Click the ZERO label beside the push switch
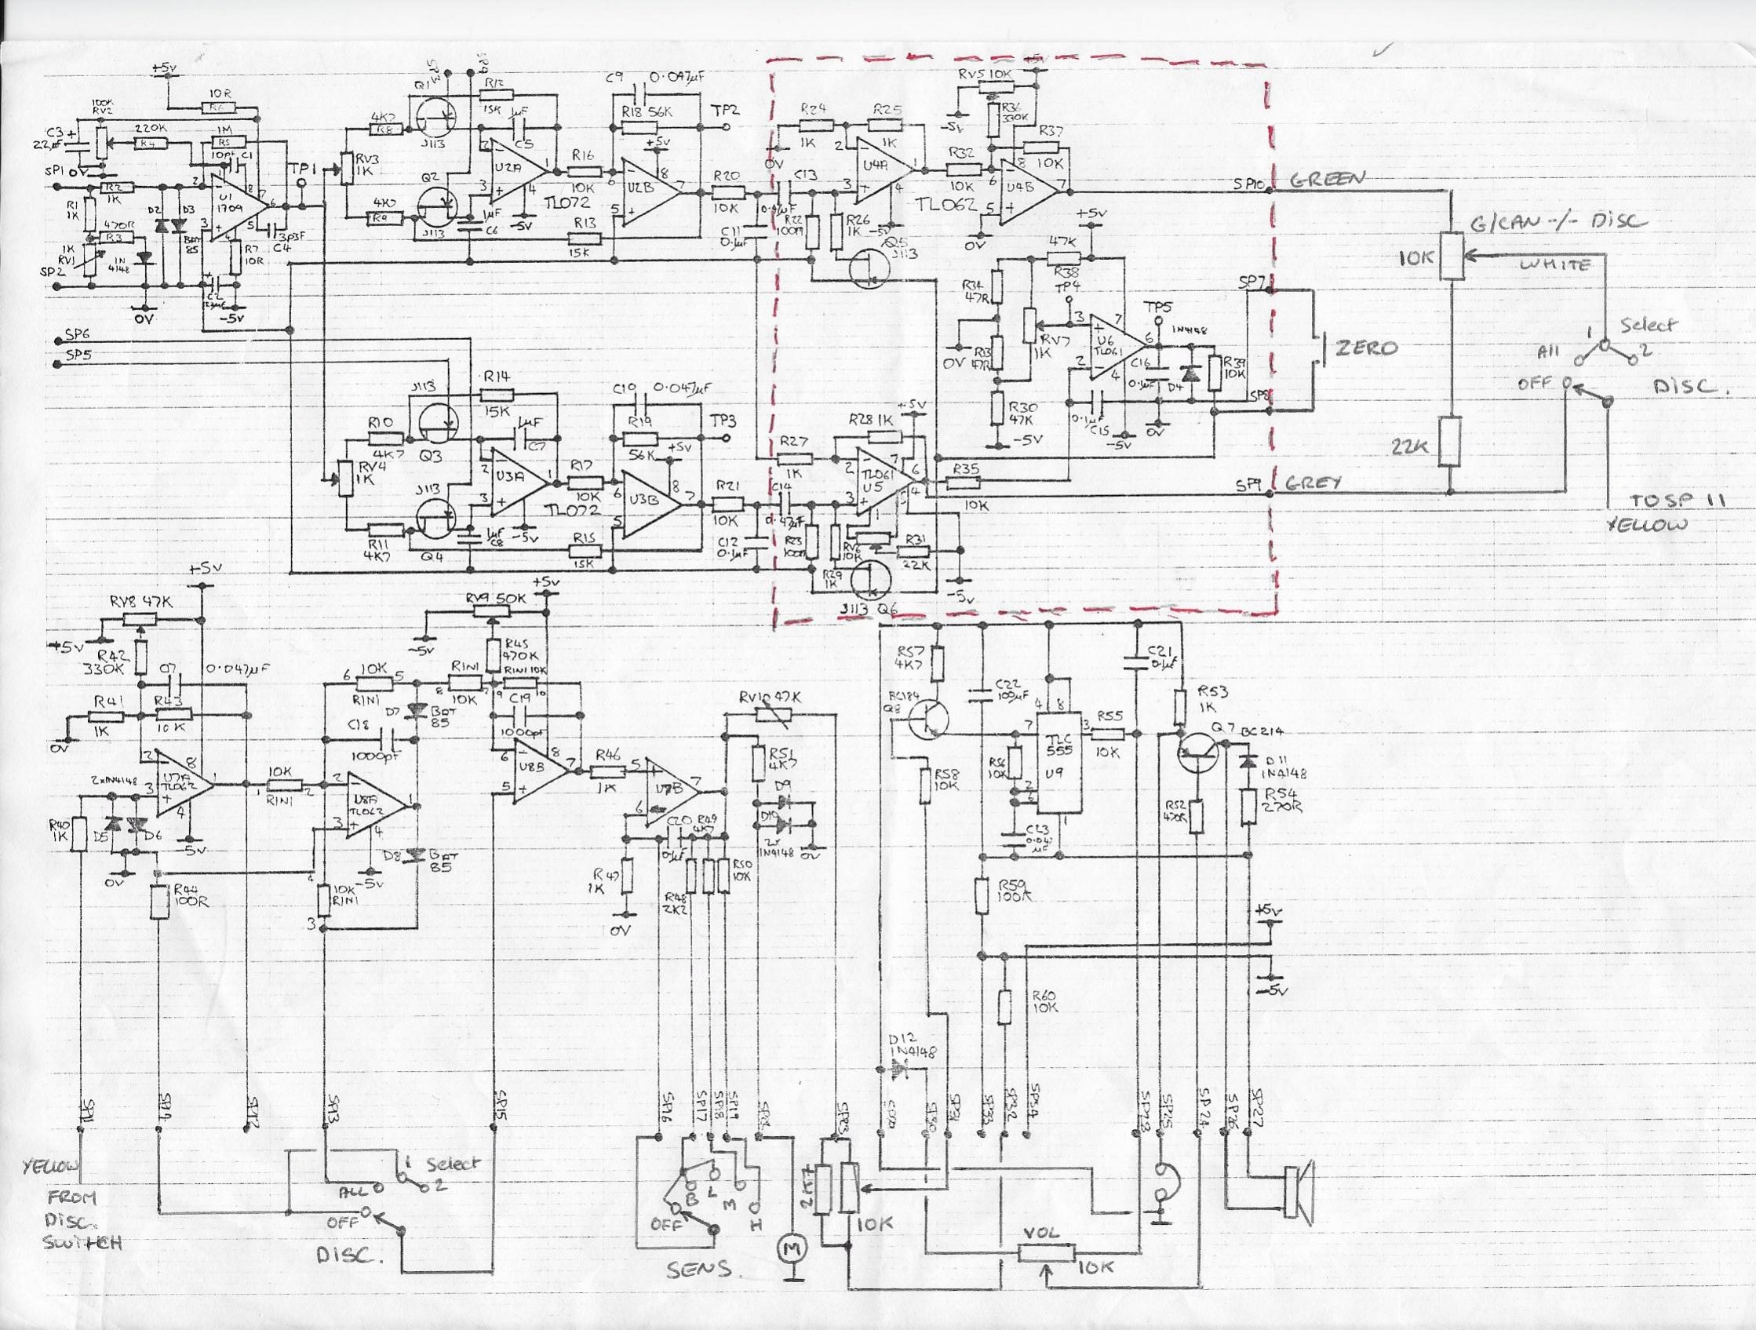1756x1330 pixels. tap(1366, 348)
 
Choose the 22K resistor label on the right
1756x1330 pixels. tap(1409, 446)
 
